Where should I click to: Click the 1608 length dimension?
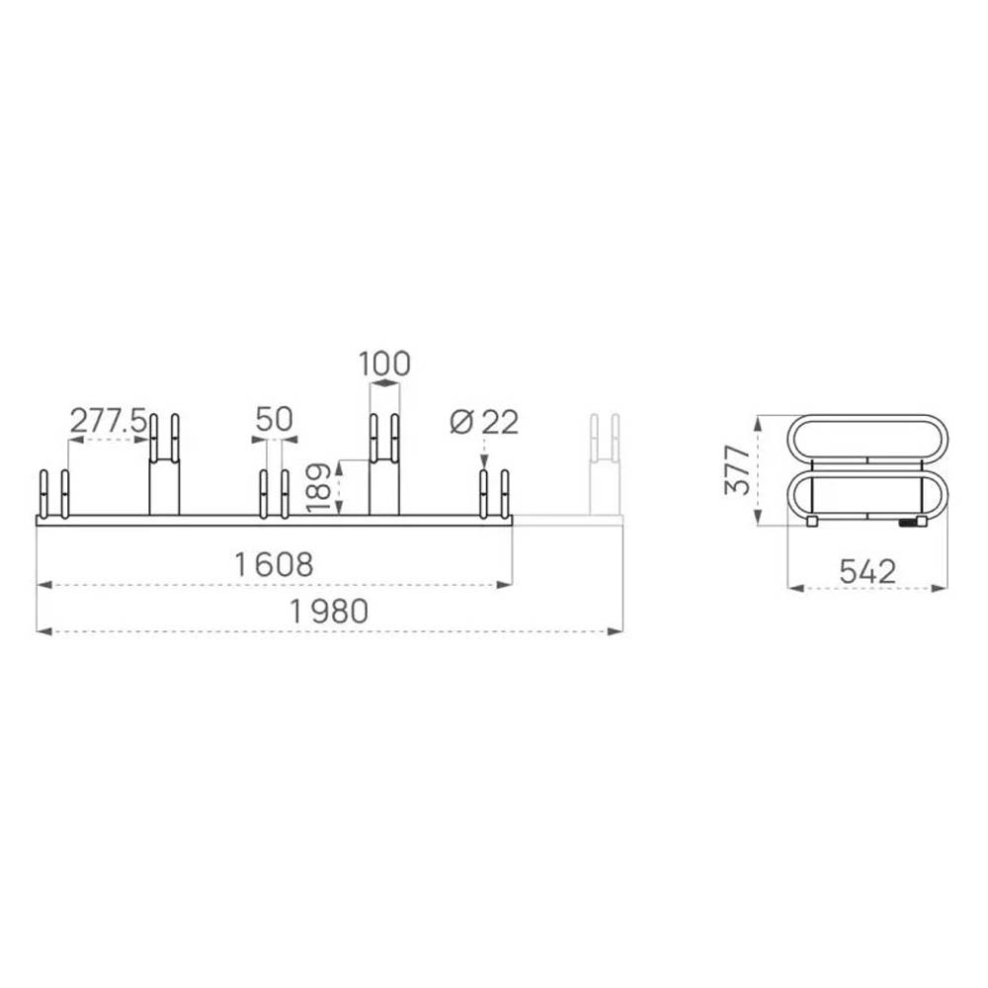(274, 564)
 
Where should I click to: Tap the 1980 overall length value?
(328, 612)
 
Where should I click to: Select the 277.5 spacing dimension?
(108, 420)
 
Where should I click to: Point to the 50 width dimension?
(274, 419)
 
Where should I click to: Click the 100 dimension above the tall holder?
(384, 364)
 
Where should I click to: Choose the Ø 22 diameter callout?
(484, 422)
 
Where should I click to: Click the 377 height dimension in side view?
(737, 469)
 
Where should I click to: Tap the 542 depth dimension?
(867, 571)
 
